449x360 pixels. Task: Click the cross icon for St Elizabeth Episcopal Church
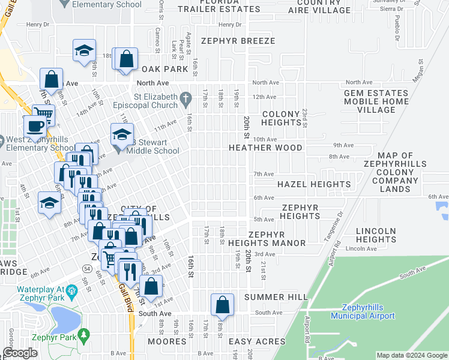point(186,97)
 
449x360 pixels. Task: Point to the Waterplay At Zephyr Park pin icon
point(72,292)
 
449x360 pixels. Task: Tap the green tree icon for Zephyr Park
point(85,334)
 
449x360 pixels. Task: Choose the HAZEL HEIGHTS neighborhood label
point(313,184)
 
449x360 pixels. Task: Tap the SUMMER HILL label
point(276,297)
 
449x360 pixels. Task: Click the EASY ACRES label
point(258,342)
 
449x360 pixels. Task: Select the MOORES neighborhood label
point(167,342)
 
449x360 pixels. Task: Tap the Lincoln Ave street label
point(360,248)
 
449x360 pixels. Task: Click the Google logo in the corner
point(20,353)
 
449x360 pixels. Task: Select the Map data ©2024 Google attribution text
point(411,355)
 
